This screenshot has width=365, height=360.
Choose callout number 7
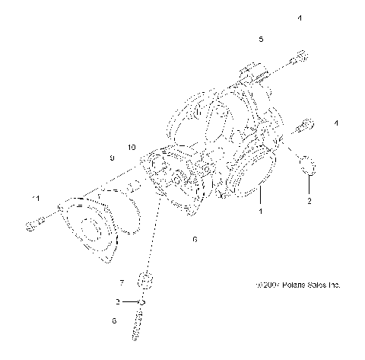(x=121, y=282)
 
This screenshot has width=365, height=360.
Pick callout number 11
(x=35, y=199)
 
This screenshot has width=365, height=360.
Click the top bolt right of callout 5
(x=301, y=57)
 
